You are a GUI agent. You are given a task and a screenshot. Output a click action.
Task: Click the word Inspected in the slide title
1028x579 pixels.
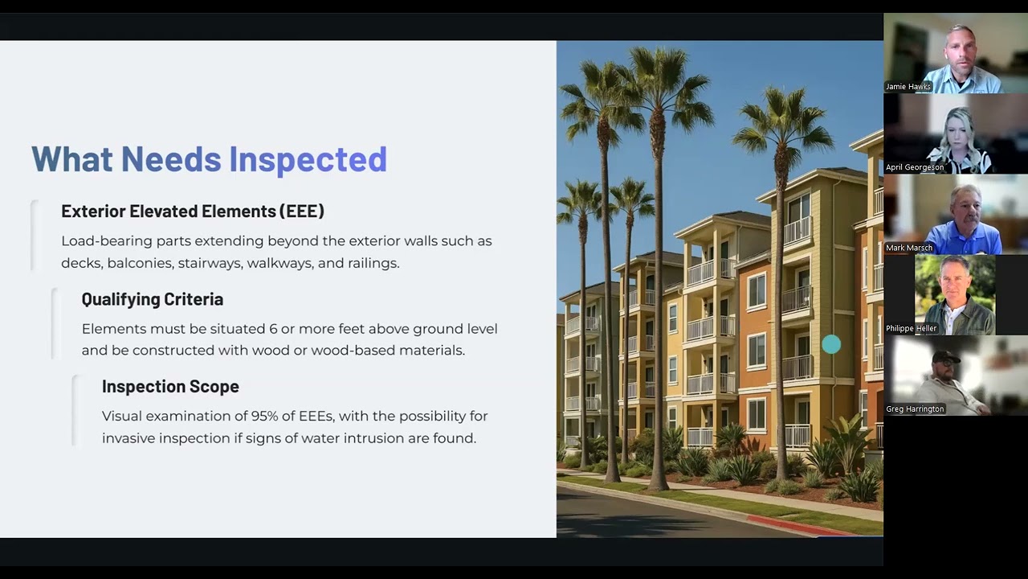(308, 159)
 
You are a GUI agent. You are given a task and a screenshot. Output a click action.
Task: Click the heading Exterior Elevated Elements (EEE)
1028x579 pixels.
(193, 211)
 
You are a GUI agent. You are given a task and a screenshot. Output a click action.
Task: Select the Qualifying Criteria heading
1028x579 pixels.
(153, 299)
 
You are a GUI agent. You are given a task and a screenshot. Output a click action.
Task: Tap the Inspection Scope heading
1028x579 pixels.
(170, 387)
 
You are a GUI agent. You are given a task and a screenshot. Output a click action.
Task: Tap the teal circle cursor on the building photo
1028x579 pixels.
(831, 345)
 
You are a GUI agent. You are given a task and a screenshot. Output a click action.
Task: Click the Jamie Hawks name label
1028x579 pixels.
(908, 87)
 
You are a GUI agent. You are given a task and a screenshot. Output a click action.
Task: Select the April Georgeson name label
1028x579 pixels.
(915, 167)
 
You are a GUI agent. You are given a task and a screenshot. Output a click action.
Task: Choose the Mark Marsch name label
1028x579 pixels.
(909, 248)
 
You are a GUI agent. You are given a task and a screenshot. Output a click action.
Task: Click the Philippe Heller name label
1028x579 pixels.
(912, 328)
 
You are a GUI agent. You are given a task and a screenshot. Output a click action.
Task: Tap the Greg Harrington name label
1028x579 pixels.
(915, 409)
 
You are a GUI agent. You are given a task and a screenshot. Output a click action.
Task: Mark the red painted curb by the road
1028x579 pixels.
(795, 526)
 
